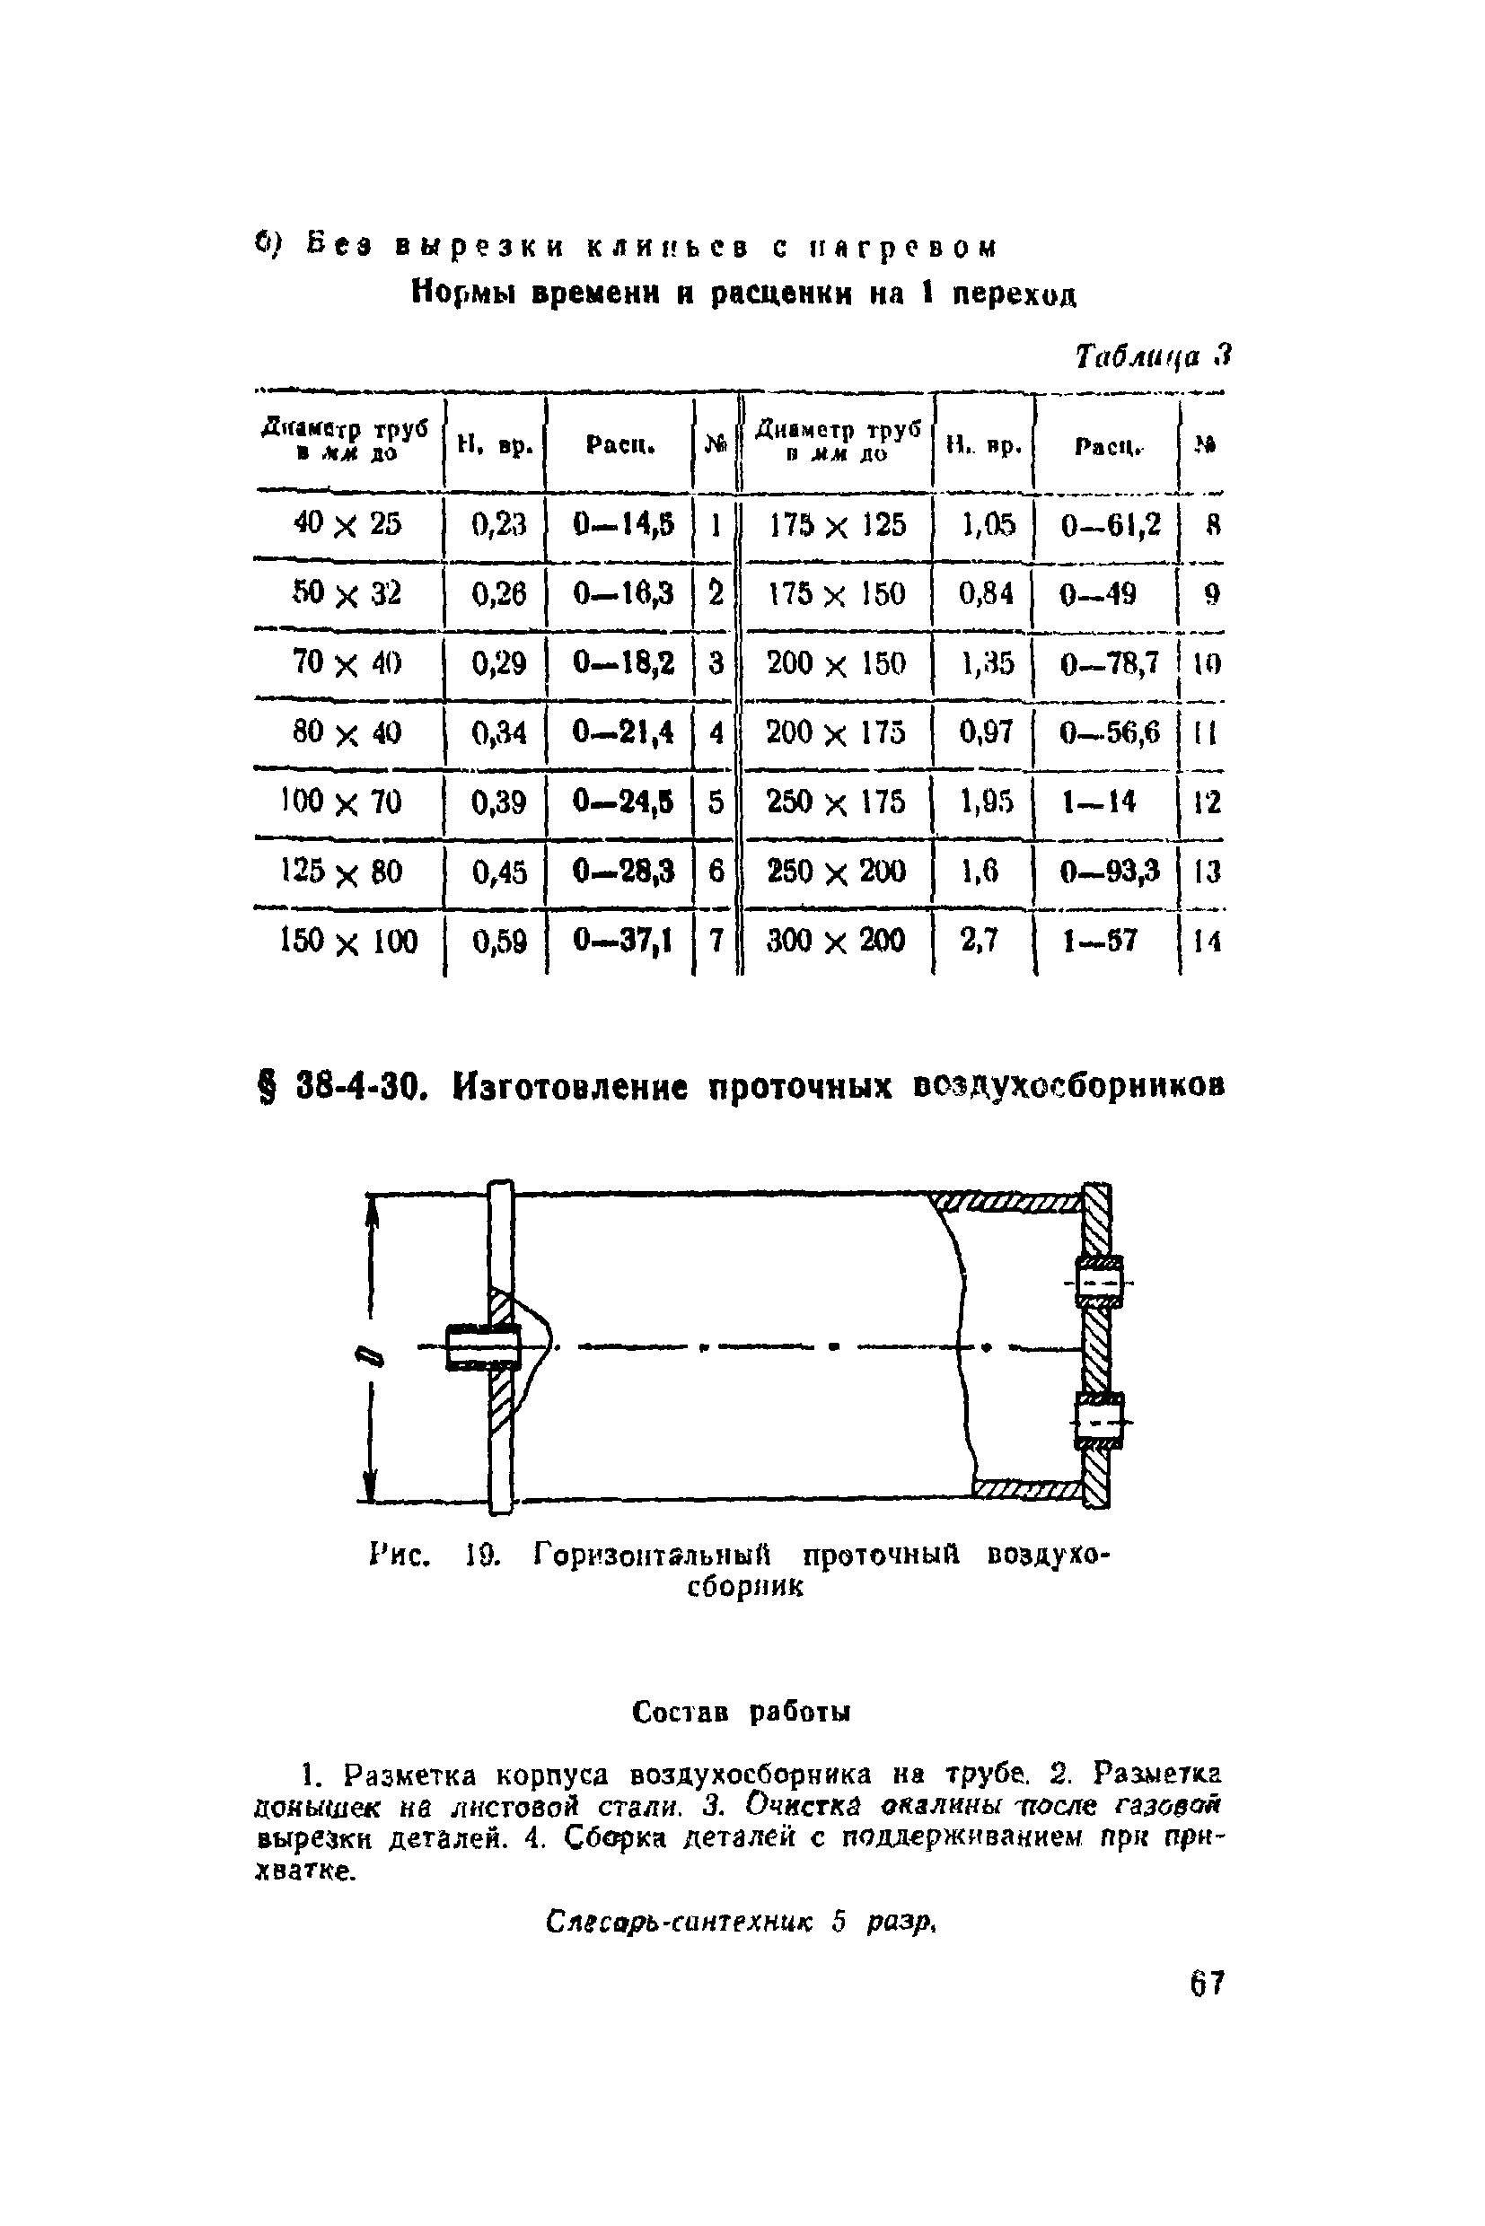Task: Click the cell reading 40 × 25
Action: [x=347, y=524]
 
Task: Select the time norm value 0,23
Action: [x=498, y=524]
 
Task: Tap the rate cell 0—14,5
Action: [x=623, y=524]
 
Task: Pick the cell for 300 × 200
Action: [x=835, y=942]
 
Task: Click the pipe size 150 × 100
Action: [x=347, y=942]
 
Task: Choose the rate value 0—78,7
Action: [x=1109, y=663]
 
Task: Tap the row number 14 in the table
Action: [x=1207, y=942]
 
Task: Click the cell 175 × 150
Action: [x=835, y=594]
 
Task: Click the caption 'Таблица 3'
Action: [x=1152, y=356]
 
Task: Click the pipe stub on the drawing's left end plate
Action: [x=482, y=1346]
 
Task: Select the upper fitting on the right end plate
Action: [x=1099, y=1282]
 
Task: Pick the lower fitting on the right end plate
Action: [x=1099, y=1420]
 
